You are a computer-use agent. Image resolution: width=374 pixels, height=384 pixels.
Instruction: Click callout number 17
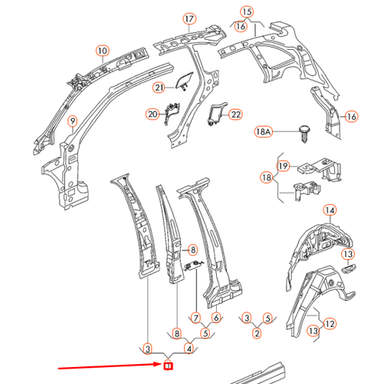pyautogui.click(x=189, y=19)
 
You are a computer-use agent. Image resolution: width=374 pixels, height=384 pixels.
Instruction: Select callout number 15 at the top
pyautogui.click(x=247, y=12)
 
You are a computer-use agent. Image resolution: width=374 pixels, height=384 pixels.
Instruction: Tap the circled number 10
pyautogui.click(x=103, y=51)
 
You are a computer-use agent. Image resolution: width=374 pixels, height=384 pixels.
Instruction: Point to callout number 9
pyautogui.click(x=73, y=121)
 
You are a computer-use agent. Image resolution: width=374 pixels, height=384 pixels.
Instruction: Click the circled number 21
pyautogui.click(x=159, y=88)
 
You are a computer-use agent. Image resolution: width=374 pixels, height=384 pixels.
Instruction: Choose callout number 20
pyautogui.click(x=153, y=114)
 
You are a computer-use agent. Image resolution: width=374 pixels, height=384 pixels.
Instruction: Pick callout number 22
pyautogui.click(x=235, y=114)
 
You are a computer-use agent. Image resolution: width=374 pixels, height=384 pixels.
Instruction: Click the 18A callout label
pyautogui.click(x=263, y=132)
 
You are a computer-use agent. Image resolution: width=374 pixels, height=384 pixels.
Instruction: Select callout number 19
pyautogui.click(x=283, y=166)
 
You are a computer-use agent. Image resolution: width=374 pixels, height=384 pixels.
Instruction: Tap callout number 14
pyautogui.click(x=330, y=210)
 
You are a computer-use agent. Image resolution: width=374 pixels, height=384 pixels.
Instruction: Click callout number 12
pyautogui.click(x=330, y=324)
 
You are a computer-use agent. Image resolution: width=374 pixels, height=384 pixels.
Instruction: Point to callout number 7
pyautogui.click(x=196, y=318)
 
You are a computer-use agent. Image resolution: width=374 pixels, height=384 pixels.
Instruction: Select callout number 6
pyautogui.click(x=216, y=318)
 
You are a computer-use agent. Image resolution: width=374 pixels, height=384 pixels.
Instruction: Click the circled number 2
pyautogui.click(x=257, y=333)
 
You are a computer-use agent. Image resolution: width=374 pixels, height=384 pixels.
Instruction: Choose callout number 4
pyautogui.click(x=189, y=349)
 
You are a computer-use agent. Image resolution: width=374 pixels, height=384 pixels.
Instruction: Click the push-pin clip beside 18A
pyautogui.click(x=304, y=134)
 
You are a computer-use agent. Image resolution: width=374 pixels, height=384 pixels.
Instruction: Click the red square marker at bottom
pyautogui.click(x=168, y=366)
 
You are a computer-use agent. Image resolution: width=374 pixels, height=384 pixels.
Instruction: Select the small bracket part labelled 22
pyautogui.click(x=216, y=114)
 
